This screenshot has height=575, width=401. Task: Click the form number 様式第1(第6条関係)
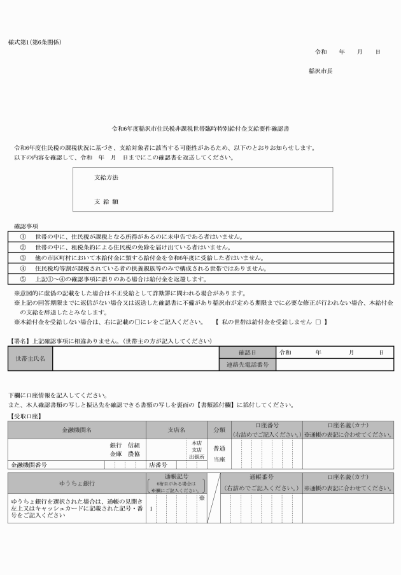coord(35,42)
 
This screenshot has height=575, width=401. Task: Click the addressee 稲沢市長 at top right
coord(320,71)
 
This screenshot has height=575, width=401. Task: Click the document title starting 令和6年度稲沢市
coord(200,129)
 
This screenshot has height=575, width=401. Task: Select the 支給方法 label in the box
coord(106,177)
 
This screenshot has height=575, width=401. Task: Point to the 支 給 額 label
coord(106,201)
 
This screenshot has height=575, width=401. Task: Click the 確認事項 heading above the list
coord(26,226)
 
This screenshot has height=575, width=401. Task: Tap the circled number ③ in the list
coord(23,258)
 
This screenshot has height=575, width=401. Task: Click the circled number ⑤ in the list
coord(23,279)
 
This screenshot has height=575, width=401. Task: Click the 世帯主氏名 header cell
coord(31,358)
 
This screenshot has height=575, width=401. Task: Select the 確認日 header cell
coord(247,352)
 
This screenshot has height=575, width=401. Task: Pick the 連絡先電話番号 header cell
coord(247,365)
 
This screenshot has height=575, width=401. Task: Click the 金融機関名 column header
coord(77,430)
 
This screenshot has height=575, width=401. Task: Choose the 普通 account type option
coord(219,448)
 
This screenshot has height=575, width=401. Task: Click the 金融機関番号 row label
coord(28,465)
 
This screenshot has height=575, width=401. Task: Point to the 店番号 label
coord(158,465)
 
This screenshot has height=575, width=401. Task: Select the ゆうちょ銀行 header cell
coord(77,483)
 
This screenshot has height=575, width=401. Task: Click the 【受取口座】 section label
coord(25,416)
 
